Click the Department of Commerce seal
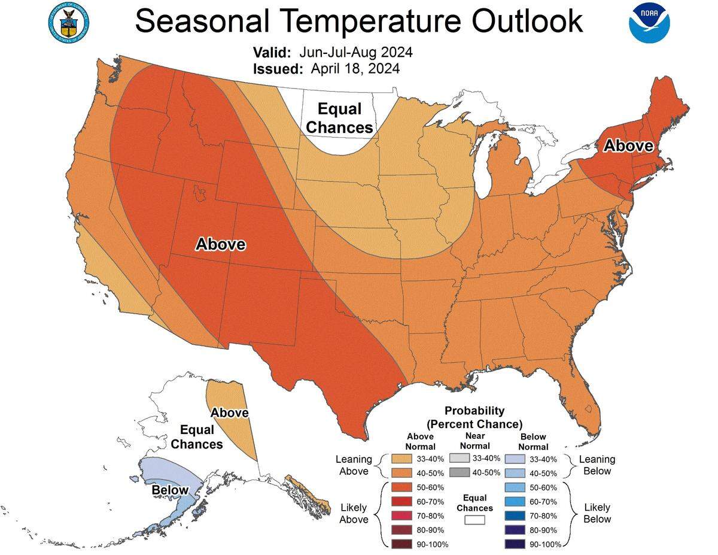pos(67,22)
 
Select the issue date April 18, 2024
pos(355,69)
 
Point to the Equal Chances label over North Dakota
pos(339,118)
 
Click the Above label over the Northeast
pos(627,145)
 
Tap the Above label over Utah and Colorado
pos(221,244)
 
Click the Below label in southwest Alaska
pos(170,491)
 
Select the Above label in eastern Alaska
pos(230,413)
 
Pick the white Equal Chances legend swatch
pos(474,520)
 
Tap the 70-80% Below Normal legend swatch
pos(516,515)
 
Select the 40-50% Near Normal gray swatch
pos(459,472)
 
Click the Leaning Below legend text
pos(597,465)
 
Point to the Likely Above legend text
pos(354,514)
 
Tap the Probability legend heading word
pos(474,411)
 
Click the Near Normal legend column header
pos(475,441)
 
